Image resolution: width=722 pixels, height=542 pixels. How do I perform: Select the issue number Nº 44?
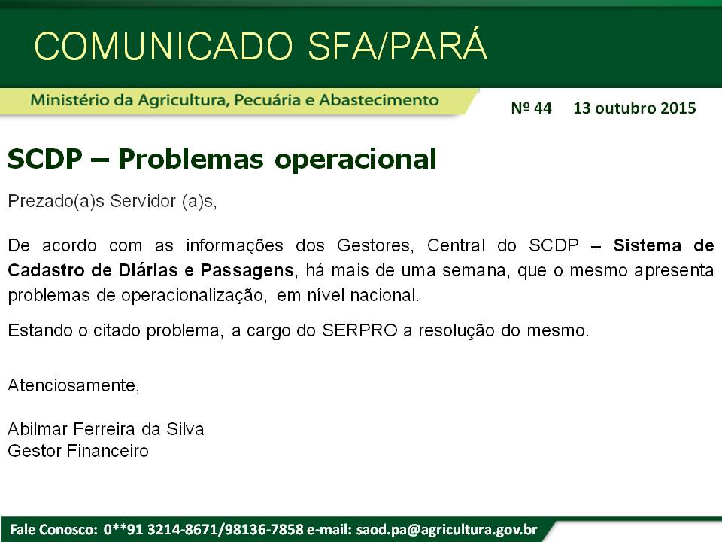(x=531, y=108)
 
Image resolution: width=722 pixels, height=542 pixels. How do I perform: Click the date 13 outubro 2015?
(x=634, y=108)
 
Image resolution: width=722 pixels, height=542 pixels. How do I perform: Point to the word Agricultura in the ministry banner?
(x=181, y=100)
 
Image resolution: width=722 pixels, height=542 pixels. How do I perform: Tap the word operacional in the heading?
(x=355, y=159)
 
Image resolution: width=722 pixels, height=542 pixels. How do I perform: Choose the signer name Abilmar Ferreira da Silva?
(x=105, y=429)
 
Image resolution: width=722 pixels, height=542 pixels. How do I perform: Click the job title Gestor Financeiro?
(x=77, y=451)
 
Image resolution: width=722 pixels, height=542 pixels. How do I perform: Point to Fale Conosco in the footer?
(x=52, y=529)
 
